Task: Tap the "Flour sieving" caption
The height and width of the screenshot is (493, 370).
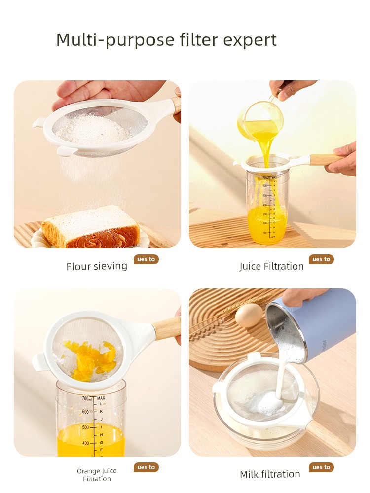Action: click(x=97, y=266)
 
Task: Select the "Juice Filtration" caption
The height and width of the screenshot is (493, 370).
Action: click(x=271, y=266)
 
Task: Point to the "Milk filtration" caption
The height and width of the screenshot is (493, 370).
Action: click(x=270, y=474)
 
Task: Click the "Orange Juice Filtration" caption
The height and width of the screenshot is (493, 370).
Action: click(x=97, y=475)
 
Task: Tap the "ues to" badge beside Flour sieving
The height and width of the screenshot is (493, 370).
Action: click(x=146, y=259)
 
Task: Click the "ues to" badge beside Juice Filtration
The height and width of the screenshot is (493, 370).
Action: click(x=321, y=259)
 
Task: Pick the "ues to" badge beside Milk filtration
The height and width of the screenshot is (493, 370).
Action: click(x=321, y=467)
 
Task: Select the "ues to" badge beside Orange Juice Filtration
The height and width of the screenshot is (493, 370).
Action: click(x=146, y=467)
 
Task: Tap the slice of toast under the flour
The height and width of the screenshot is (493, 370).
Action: click(x=91, y=227)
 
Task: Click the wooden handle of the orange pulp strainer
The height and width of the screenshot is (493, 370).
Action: click(x=167, y=328)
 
